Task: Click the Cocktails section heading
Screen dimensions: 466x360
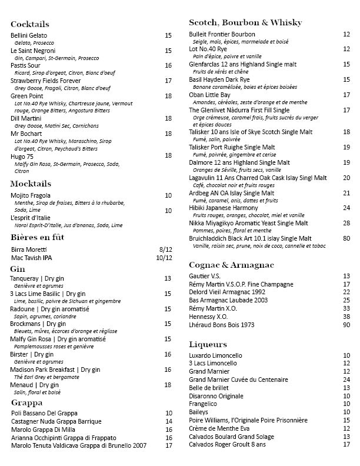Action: click(x=30, y=24)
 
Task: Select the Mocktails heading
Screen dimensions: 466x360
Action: click(x=31, y=184)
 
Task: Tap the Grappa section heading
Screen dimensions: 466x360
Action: click(x=26, y=402)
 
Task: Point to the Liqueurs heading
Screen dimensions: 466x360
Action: click(x=208, y=344)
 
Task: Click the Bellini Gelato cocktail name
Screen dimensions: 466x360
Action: click(x=29, y=35)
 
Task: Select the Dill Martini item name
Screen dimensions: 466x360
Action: click(x=24, y=118)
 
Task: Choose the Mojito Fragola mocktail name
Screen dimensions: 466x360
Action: click(x=31, y=195)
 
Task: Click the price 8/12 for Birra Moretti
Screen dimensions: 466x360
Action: click(x=165, y=249)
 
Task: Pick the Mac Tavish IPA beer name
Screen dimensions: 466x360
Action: click(x=31, y=258)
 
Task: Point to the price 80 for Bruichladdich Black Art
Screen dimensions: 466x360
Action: click(x=346, y=238)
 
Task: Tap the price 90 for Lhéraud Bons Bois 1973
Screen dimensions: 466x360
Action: click(x=346, y=325)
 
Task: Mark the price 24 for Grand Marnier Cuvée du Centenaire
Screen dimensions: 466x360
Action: click(x=346, y=380)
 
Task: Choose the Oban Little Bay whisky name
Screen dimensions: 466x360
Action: click(x=209, y=95)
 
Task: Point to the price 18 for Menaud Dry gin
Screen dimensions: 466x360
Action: click(x=168, y=385)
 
